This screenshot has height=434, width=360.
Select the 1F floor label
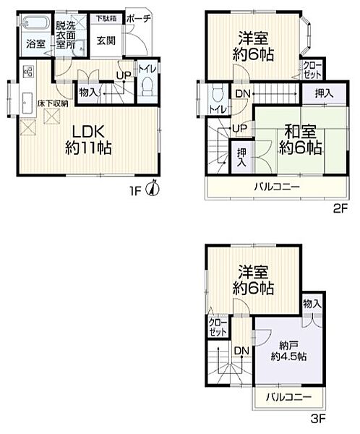pos(136,191)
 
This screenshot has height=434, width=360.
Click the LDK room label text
pos(88,132)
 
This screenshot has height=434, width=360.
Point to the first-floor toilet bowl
pos(148,86)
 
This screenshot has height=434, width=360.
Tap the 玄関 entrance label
pos(106,41)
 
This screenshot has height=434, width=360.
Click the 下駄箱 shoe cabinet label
pos(106,19)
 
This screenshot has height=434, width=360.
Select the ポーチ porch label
pos(139,19)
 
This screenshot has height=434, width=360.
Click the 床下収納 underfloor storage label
pos(53,103)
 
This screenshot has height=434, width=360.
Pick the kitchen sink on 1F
pos(27,103)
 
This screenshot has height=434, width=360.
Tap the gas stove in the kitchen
pos(28,72)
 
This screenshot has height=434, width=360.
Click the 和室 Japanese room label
pos(300,132)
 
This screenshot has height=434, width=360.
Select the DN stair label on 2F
pos(243,94)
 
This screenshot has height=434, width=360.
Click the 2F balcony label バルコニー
pos(277,187)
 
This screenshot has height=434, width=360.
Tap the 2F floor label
pos(340,208)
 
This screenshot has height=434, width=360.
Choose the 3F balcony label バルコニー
pos(288,398)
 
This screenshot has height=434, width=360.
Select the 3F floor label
pos(318,419)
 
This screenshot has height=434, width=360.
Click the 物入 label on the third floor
pos(312,304)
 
